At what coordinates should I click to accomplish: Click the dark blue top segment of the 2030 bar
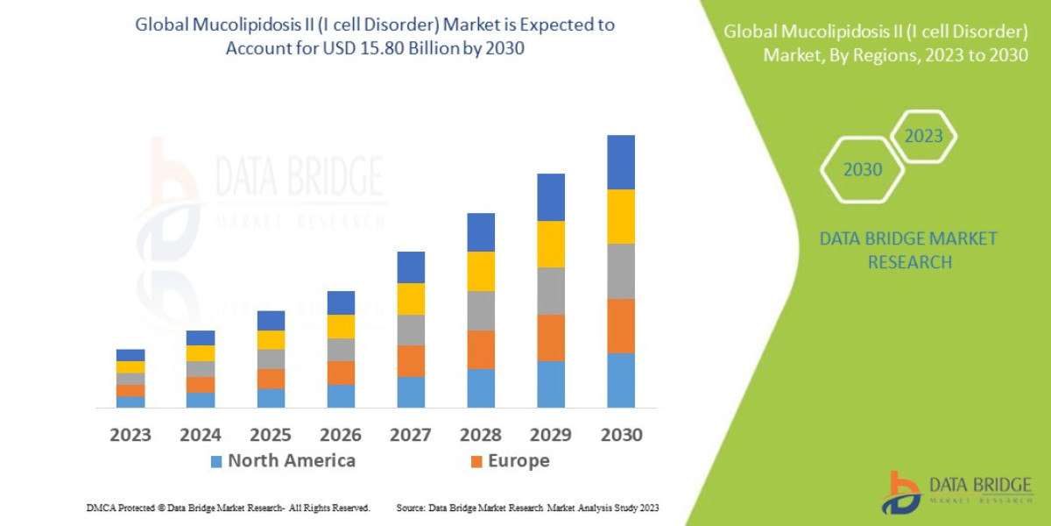coord(621,162)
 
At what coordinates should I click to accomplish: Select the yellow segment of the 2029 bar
coord(551,244)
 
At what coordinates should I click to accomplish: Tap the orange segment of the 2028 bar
coord(481,349)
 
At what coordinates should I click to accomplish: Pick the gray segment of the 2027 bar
coord(411,330)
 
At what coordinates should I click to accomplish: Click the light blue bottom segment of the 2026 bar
coord(341,396)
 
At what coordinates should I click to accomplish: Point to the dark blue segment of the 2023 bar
coord(130,355)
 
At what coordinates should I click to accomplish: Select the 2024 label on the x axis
coord(201,435)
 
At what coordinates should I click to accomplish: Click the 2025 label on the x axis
coord(271,435)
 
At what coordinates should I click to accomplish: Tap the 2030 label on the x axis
coord(621,435)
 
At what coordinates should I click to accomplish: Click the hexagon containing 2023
coord(923,137)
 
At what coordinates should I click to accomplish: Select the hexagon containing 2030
coord(863,170)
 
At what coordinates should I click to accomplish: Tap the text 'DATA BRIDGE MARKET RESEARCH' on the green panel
coord(908,250)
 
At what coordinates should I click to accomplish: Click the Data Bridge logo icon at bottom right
coord(900,493)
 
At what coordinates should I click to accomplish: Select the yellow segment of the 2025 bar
coord(271,339)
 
